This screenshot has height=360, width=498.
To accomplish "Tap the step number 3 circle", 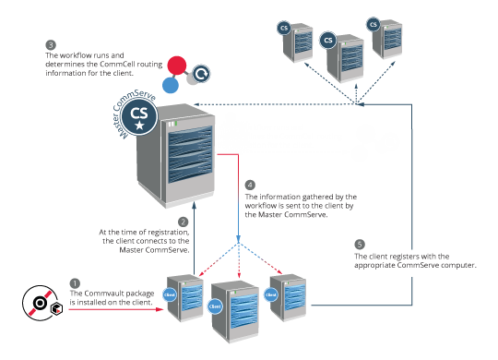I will (51, 43).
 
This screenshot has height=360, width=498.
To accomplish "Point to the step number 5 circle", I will (360, 243).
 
